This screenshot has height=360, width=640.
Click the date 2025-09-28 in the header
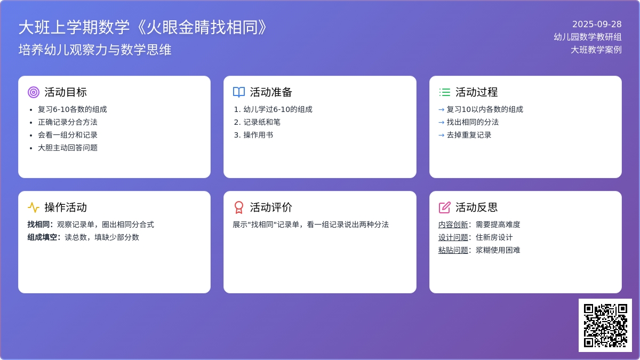(597, 25)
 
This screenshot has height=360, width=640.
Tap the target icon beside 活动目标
(34, 92)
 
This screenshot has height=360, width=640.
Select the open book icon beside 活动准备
(239, 92)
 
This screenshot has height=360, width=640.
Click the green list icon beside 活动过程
(445, 92)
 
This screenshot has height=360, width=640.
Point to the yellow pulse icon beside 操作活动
(34, 207)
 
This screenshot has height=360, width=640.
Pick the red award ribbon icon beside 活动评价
(239, 207)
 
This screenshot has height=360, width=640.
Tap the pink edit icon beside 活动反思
(445, 207)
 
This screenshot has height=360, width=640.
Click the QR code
(605, 325)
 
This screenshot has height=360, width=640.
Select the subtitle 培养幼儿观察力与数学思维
(95, 50)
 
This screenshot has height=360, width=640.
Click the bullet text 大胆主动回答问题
(68, 148)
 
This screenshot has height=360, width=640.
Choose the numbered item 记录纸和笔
(262, 122)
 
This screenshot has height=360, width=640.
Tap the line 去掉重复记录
(469, 135)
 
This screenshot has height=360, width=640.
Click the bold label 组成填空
(42, 237)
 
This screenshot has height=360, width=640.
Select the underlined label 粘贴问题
(453, 250)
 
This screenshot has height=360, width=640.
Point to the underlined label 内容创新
(453, 225)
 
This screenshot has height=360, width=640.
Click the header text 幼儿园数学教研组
(588, 37)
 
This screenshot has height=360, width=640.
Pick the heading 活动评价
(271, 207)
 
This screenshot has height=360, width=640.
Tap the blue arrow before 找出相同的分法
(442, 122)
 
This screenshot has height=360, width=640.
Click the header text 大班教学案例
(596, 50)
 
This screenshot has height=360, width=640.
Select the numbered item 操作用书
(258, 135)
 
